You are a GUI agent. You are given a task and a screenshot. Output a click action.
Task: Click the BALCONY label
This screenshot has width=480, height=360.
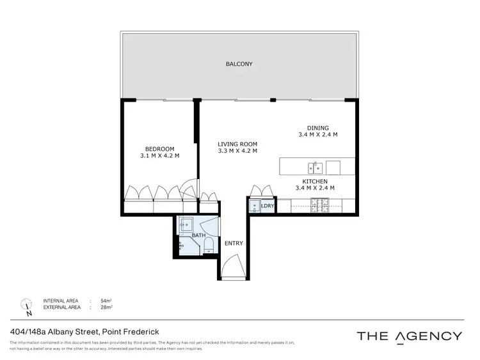point(239,64)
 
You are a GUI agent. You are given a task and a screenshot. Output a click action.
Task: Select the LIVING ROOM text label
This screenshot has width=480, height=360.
point(237,144)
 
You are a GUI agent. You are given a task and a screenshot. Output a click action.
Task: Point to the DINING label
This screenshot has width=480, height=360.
point(317,127)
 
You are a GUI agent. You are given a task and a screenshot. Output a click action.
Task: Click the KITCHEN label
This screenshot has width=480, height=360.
point(315,181)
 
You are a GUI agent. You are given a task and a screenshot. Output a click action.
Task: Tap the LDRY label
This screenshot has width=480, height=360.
point(268,206)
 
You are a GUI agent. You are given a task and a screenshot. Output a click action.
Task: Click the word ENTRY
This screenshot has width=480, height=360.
point(232,244)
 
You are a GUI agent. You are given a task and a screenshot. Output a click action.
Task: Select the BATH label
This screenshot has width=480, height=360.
point(199,236)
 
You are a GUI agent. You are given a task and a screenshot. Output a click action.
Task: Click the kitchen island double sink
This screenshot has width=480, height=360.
point(315,168)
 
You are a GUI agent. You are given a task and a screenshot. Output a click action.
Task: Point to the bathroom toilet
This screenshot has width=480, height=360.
point(207,250)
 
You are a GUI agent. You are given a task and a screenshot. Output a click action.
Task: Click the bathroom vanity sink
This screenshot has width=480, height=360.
point(186,225)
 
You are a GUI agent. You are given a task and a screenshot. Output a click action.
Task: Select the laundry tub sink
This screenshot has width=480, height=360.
point(253,206)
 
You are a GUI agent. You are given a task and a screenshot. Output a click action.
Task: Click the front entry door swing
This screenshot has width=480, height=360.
point(233,266)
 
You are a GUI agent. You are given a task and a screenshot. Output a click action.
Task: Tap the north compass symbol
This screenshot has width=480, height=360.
point(27,306)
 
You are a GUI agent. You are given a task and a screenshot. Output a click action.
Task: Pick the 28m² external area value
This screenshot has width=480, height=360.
point(106,307)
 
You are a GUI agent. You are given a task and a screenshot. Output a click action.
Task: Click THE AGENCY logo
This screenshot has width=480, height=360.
point(409,336)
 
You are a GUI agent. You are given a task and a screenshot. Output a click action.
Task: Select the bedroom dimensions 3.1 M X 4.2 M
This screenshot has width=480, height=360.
point(159,156)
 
